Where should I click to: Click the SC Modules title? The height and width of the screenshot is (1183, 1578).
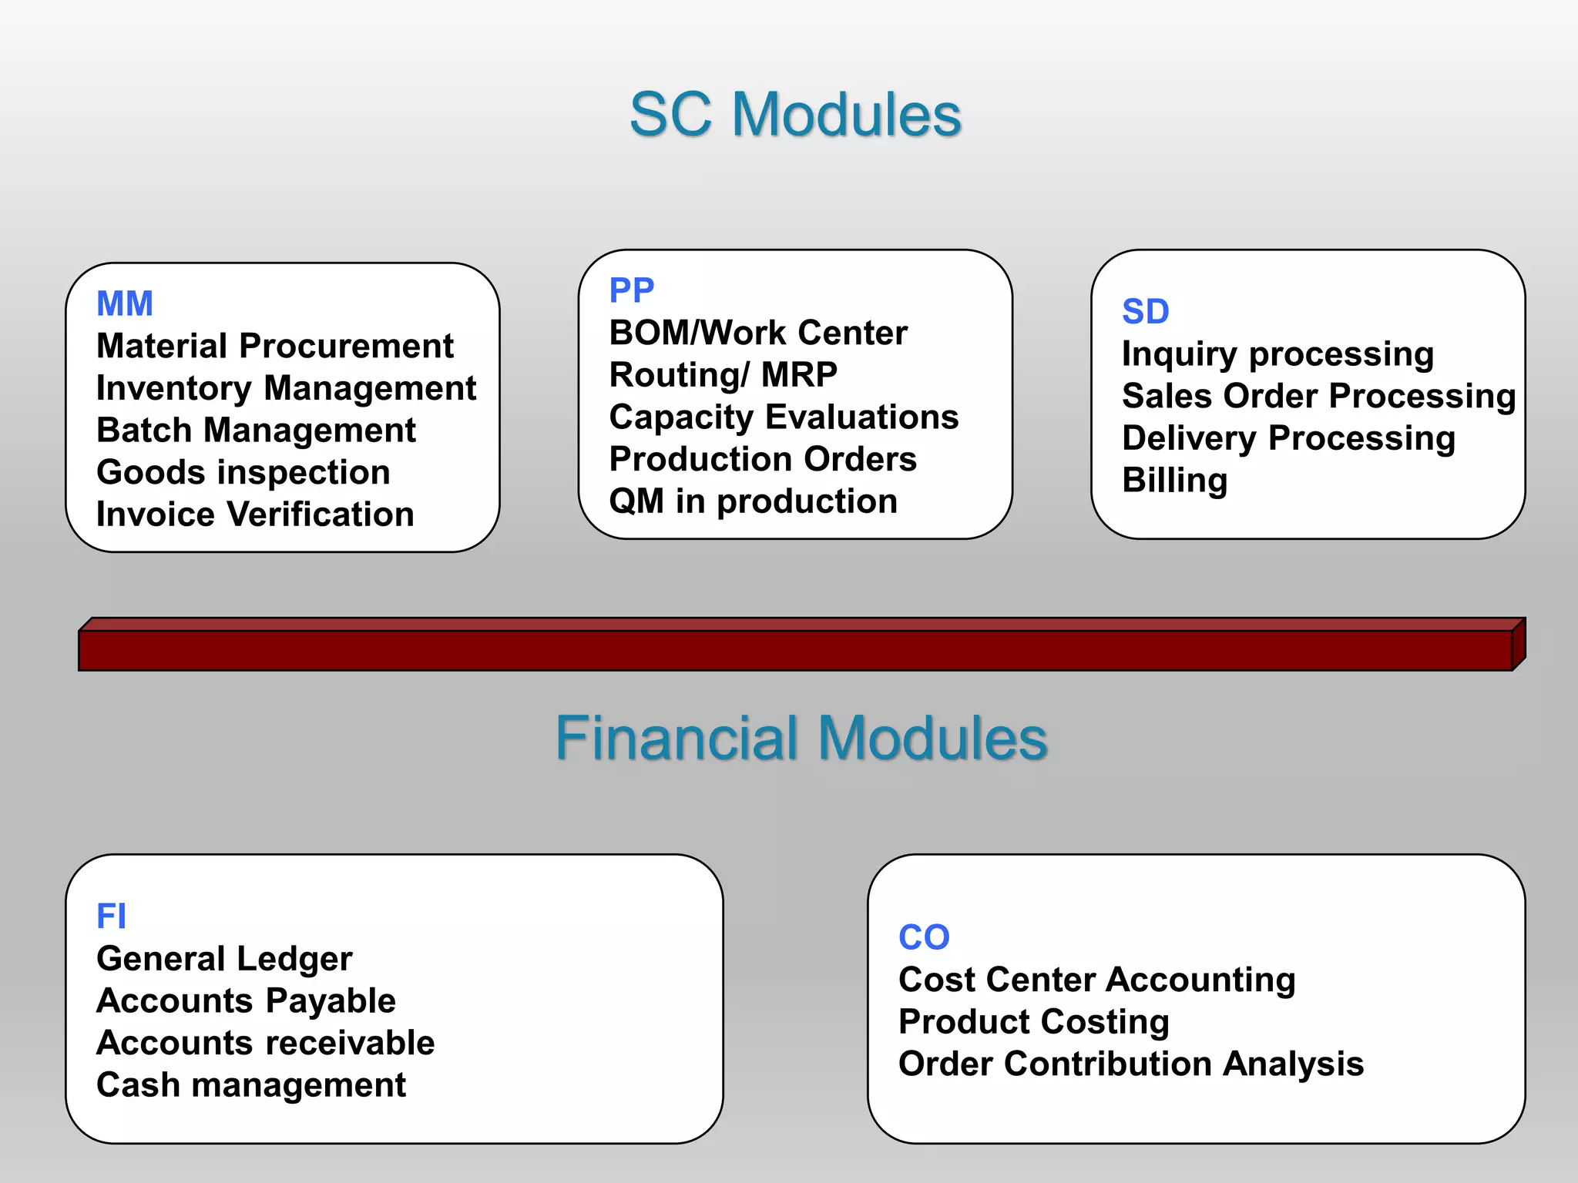coord(795,116)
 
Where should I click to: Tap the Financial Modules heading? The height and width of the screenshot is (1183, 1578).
coord(801,738)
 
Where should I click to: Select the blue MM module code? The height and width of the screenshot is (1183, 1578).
coord(125,303)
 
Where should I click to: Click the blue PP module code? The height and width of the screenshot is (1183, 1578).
coord(631,290)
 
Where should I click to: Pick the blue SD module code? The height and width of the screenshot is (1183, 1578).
coord(1145,311)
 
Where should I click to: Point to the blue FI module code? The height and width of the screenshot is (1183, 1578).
coord(111,917)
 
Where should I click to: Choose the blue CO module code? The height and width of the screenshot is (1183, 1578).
coord(924,937)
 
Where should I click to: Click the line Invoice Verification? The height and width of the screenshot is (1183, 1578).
coord(255,514)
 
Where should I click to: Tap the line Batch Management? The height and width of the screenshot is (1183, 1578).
coord(256,431)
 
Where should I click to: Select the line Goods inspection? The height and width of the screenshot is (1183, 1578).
coord(243,472)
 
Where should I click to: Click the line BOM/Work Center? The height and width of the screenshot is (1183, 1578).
coord(758,333)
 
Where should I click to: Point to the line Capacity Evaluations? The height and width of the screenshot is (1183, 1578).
coord(784,417)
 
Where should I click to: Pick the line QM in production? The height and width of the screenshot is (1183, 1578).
coord(753,501)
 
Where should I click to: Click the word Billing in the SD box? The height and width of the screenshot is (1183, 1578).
coord(1174,480)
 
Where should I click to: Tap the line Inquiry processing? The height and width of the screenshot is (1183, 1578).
coord(1278,354)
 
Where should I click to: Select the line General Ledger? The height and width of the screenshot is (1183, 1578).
coord(224,959)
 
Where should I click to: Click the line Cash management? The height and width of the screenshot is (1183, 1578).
coord(250,1085)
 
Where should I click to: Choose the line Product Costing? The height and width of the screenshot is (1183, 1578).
coord(1033,1022)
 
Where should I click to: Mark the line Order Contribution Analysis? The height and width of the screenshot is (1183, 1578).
coord(1130,1064)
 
